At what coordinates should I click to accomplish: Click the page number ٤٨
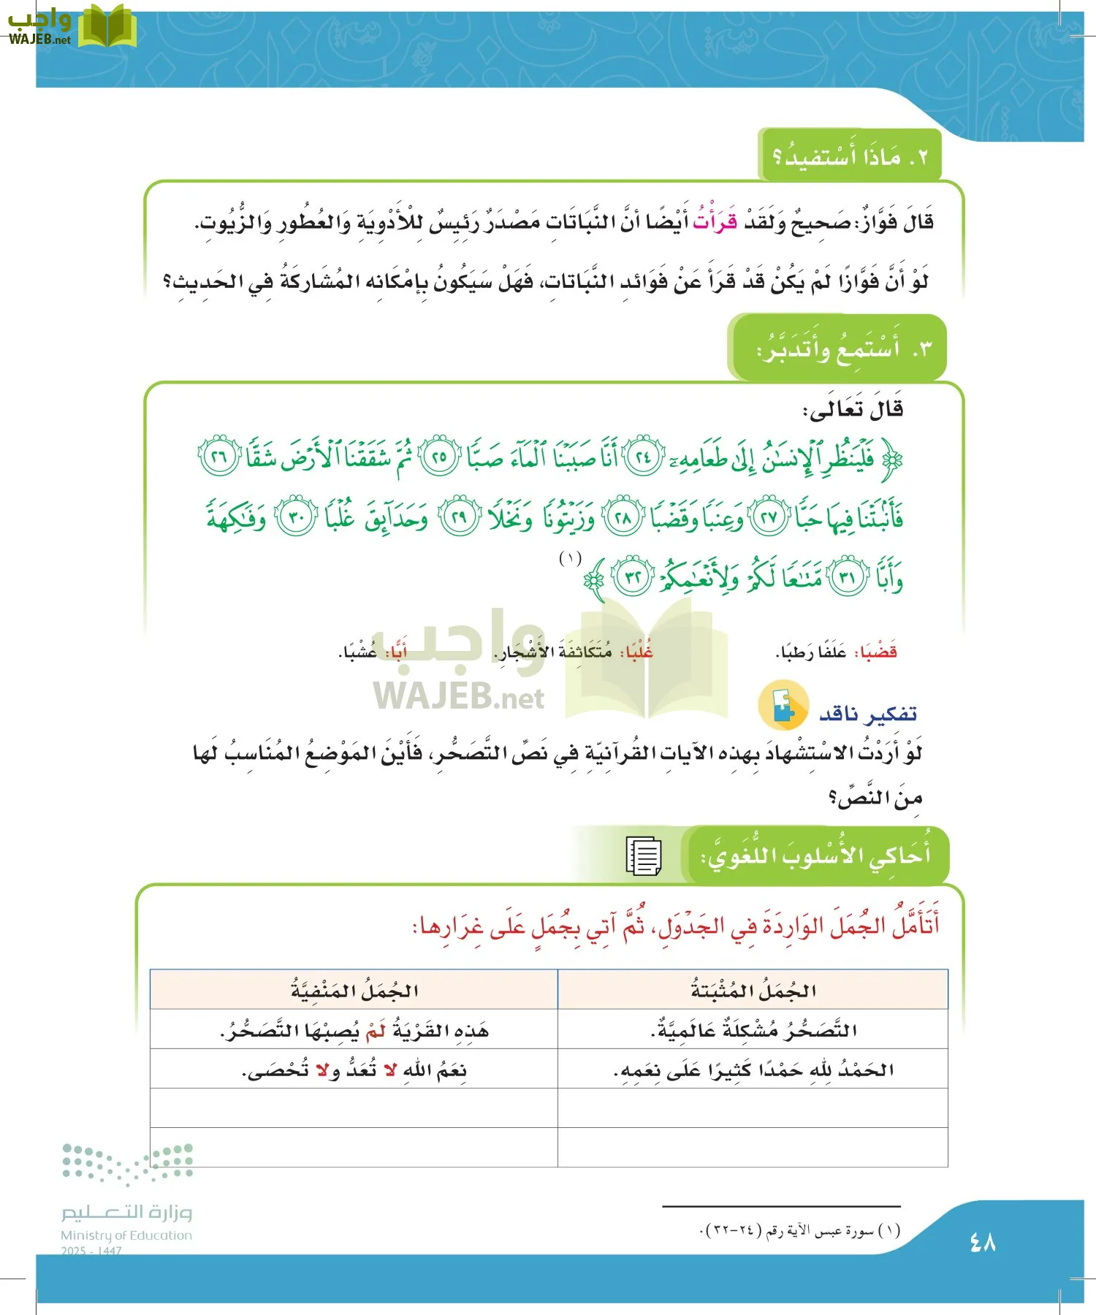point(983,1241)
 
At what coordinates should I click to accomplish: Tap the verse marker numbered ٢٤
point(644,458)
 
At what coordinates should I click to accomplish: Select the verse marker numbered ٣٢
point(633,577)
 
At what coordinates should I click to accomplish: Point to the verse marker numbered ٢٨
point(623,518)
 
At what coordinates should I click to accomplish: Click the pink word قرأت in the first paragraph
point(715,221)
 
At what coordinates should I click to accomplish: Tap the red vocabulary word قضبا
point(878,652)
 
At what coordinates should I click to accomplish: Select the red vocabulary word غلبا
point(637,652)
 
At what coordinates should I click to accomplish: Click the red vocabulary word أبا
point(397,652)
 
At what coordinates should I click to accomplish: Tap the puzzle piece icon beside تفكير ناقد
point(783,706)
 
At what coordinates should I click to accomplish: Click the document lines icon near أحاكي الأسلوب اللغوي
point(644,855)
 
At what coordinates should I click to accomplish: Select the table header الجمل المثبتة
point(753,991)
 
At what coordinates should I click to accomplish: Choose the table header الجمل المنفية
point(354,991)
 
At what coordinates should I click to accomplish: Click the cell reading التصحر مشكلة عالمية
point(753,1030)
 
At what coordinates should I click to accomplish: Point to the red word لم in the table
point(376,1030)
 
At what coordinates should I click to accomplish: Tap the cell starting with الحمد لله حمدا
point(753,1070)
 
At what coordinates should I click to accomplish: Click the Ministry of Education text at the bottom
point(126,1235)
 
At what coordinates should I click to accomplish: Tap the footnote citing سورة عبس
point(800,1231)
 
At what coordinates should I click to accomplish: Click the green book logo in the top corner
point(107,28)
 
